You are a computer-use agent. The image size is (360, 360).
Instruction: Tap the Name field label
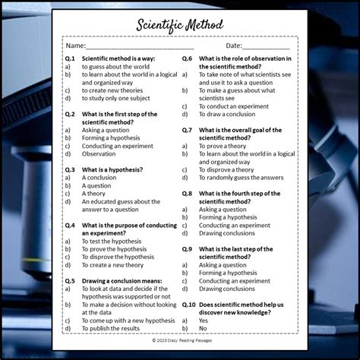75,46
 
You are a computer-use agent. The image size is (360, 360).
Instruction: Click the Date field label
233,46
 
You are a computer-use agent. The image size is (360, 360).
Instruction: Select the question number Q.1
70,58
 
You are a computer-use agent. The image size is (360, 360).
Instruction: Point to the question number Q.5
70,281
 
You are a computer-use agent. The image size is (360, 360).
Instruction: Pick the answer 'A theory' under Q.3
95,194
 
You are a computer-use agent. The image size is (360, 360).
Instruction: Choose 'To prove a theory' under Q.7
224,146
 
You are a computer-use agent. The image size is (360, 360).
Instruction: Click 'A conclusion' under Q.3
99,178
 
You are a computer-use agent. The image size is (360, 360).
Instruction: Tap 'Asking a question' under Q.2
106,130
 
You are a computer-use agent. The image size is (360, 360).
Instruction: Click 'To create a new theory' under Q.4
112,265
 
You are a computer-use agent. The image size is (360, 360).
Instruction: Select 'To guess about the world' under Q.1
115,66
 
